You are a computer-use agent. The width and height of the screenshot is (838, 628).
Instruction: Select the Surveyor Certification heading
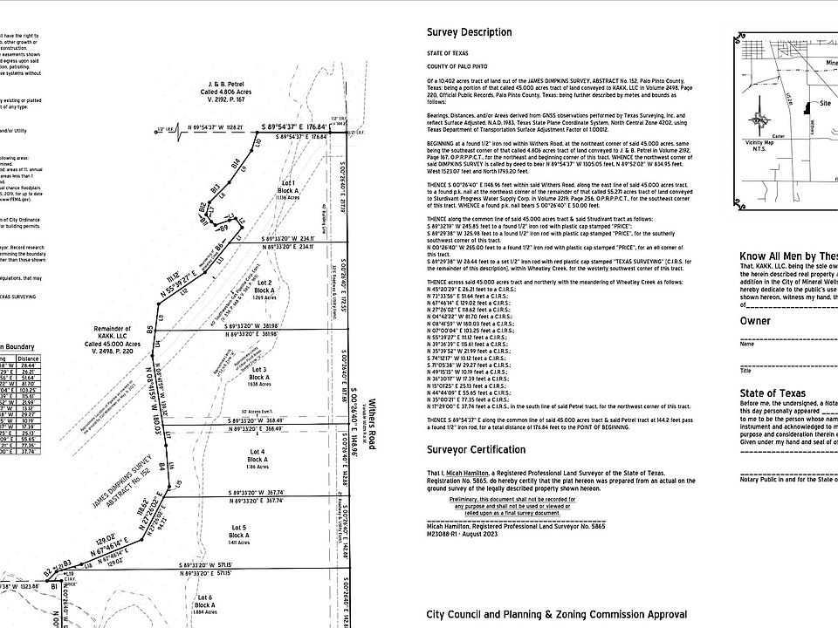[x=476, y=449]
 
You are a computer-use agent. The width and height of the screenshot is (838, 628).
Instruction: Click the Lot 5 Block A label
[x=239, y=533]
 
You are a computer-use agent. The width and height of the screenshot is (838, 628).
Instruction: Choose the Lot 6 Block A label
[x=204, y=604]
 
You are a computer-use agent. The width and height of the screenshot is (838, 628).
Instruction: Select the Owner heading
[x=755, y=321]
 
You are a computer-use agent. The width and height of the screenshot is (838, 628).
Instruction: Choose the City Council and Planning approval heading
[x=556, y=614]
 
